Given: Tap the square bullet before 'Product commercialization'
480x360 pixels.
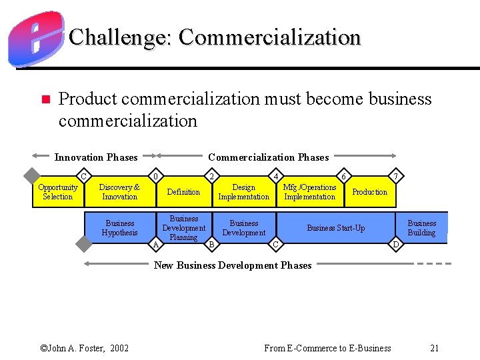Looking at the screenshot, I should (45, 100).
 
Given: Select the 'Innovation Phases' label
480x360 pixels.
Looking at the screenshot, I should (96, 157).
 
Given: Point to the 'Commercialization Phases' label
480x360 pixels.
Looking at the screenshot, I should (268, 157).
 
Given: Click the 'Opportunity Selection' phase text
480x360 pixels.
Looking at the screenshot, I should (57, 192).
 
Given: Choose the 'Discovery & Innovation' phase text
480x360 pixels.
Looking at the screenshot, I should (119, 192).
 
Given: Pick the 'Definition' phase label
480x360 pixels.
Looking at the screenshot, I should (183, 192).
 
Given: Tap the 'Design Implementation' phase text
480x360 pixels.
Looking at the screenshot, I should (244, 192).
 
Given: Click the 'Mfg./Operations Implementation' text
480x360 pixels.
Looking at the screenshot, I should (310, 192).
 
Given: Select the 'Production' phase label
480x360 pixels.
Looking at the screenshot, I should (369, 192).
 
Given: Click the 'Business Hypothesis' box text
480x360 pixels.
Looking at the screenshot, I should (119, 228).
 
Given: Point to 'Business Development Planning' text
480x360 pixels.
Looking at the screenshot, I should (183, 228).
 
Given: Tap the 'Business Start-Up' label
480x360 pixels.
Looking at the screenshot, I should (335, 228).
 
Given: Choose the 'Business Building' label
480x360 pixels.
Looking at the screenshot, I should (421, 228).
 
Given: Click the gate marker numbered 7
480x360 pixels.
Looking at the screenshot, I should (396, 176).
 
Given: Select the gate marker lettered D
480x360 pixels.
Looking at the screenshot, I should (396, 245).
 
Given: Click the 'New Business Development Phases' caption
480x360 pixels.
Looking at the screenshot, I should (233, 265).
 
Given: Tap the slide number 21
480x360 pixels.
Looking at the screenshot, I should (435, 348).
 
